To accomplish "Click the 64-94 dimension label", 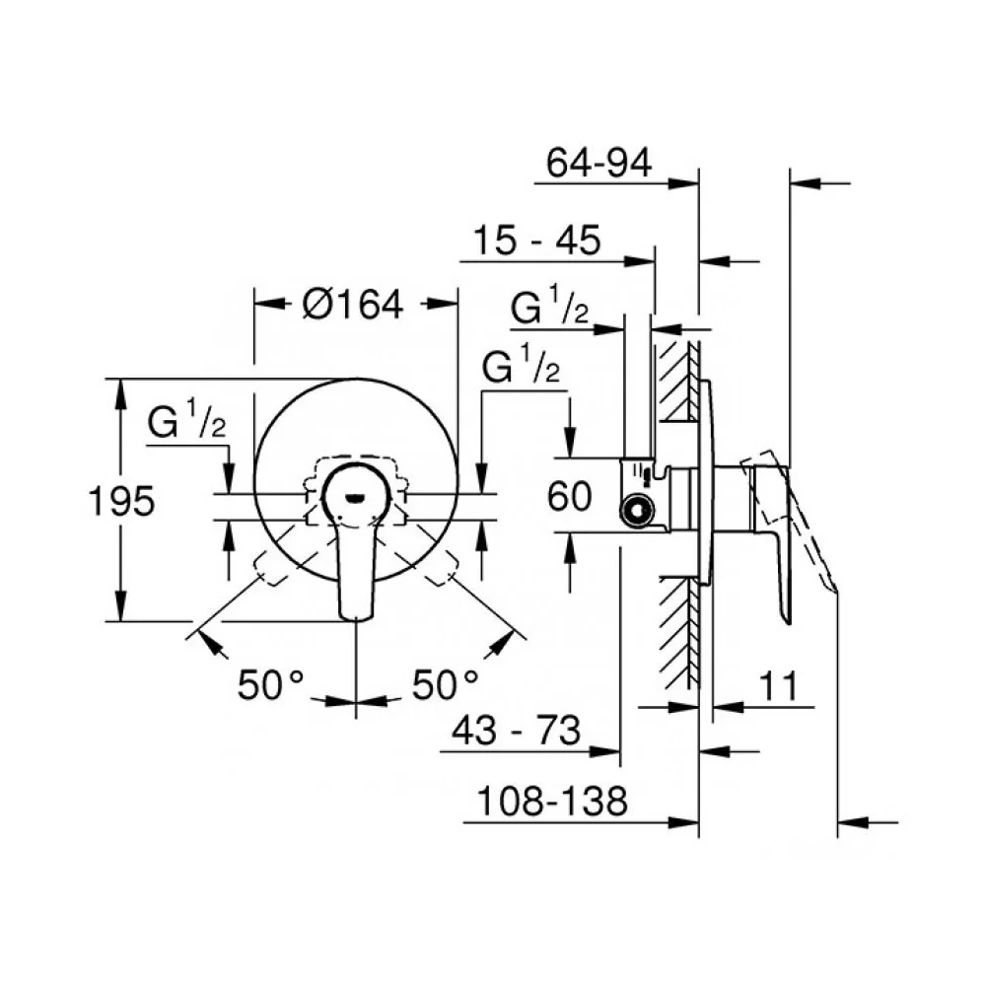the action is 599,163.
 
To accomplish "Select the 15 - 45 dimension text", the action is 536,240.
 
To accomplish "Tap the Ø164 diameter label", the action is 352,305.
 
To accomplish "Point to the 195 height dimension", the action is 121,501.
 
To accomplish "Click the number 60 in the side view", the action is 569,496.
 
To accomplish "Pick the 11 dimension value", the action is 779,685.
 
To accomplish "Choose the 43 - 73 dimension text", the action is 516,731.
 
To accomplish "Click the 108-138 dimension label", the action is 552,801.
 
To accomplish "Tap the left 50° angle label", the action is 270,684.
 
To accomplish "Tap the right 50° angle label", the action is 446,684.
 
